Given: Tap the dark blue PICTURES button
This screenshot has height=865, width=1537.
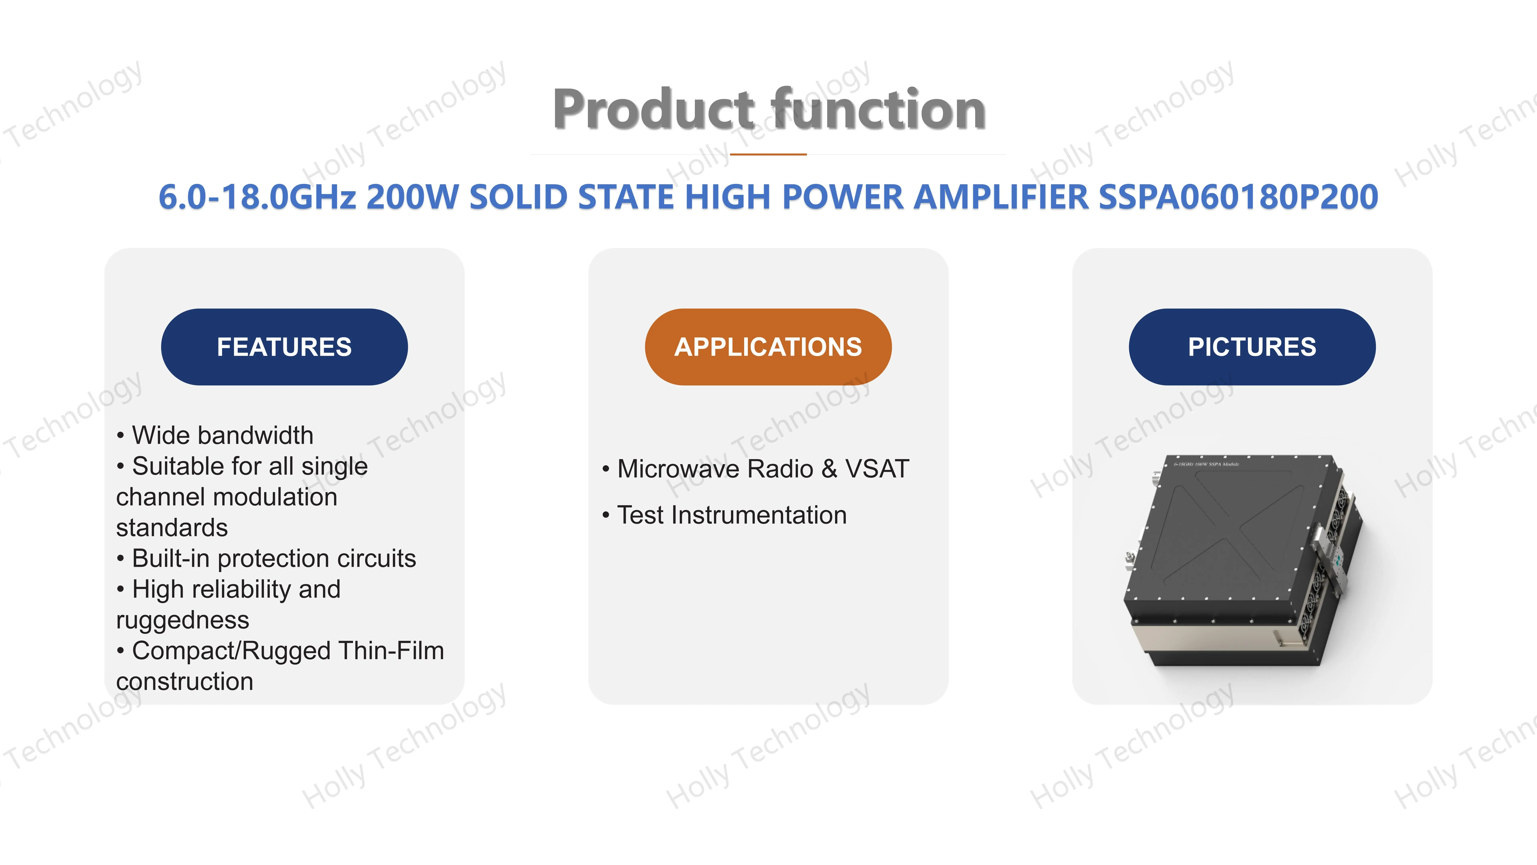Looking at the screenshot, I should pos(1252,347).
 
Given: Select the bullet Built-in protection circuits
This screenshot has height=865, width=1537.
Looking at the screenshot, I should pos(273,558).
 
